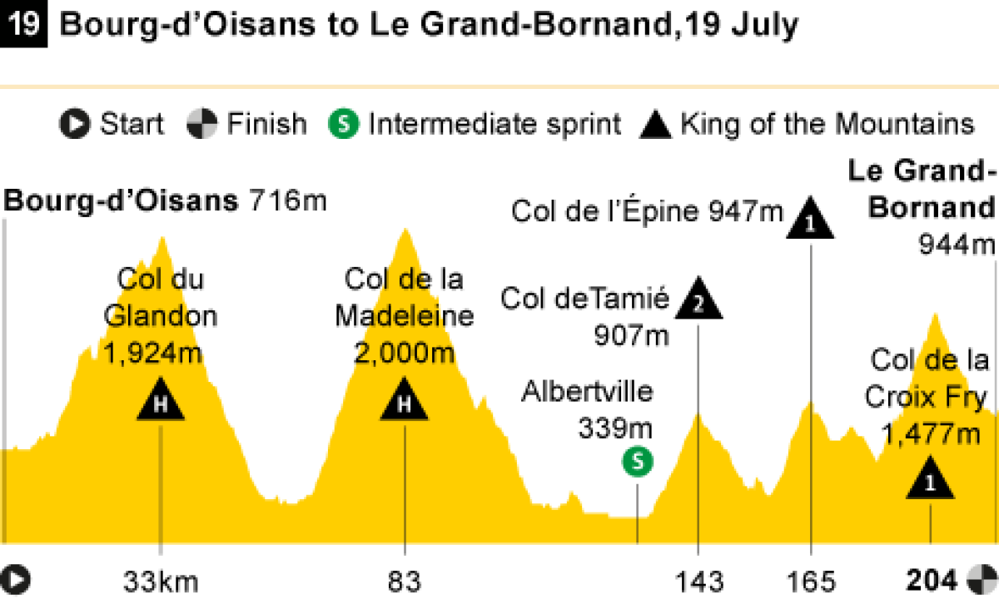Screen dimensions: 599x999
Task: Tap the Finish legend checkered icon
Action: pyautogui.click(x=201, y=125)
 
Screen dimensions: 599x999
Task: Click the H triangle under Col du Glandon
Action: pyautogui.click(x=161, y=401)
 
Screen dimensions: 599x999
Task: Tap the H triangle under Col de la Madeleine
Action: pyautogui.click(x=405, y=401)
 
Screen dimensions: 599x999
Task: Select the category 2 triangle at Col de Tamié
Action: pyautogui.click(x=698, y=302)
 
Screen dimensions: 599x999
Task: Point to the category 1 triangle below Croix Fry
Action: pyautogui.click(x=930, y=481)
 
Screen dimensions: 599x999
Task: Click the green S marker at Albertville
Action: pyautogui.click(x=638, y=462)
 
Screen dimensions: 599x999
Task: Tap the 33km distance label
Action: pyautogui.click(x=161, y=580)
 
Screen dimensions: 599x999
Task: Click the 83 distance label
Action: pyautogui.click(x=405, y=580)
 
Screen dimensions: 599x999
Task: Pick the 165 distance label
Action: pyautogui.click(x=811, y=580)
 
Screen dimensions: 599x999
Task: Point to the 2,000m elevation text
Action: pyautogui.click(x=405, y=352)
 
